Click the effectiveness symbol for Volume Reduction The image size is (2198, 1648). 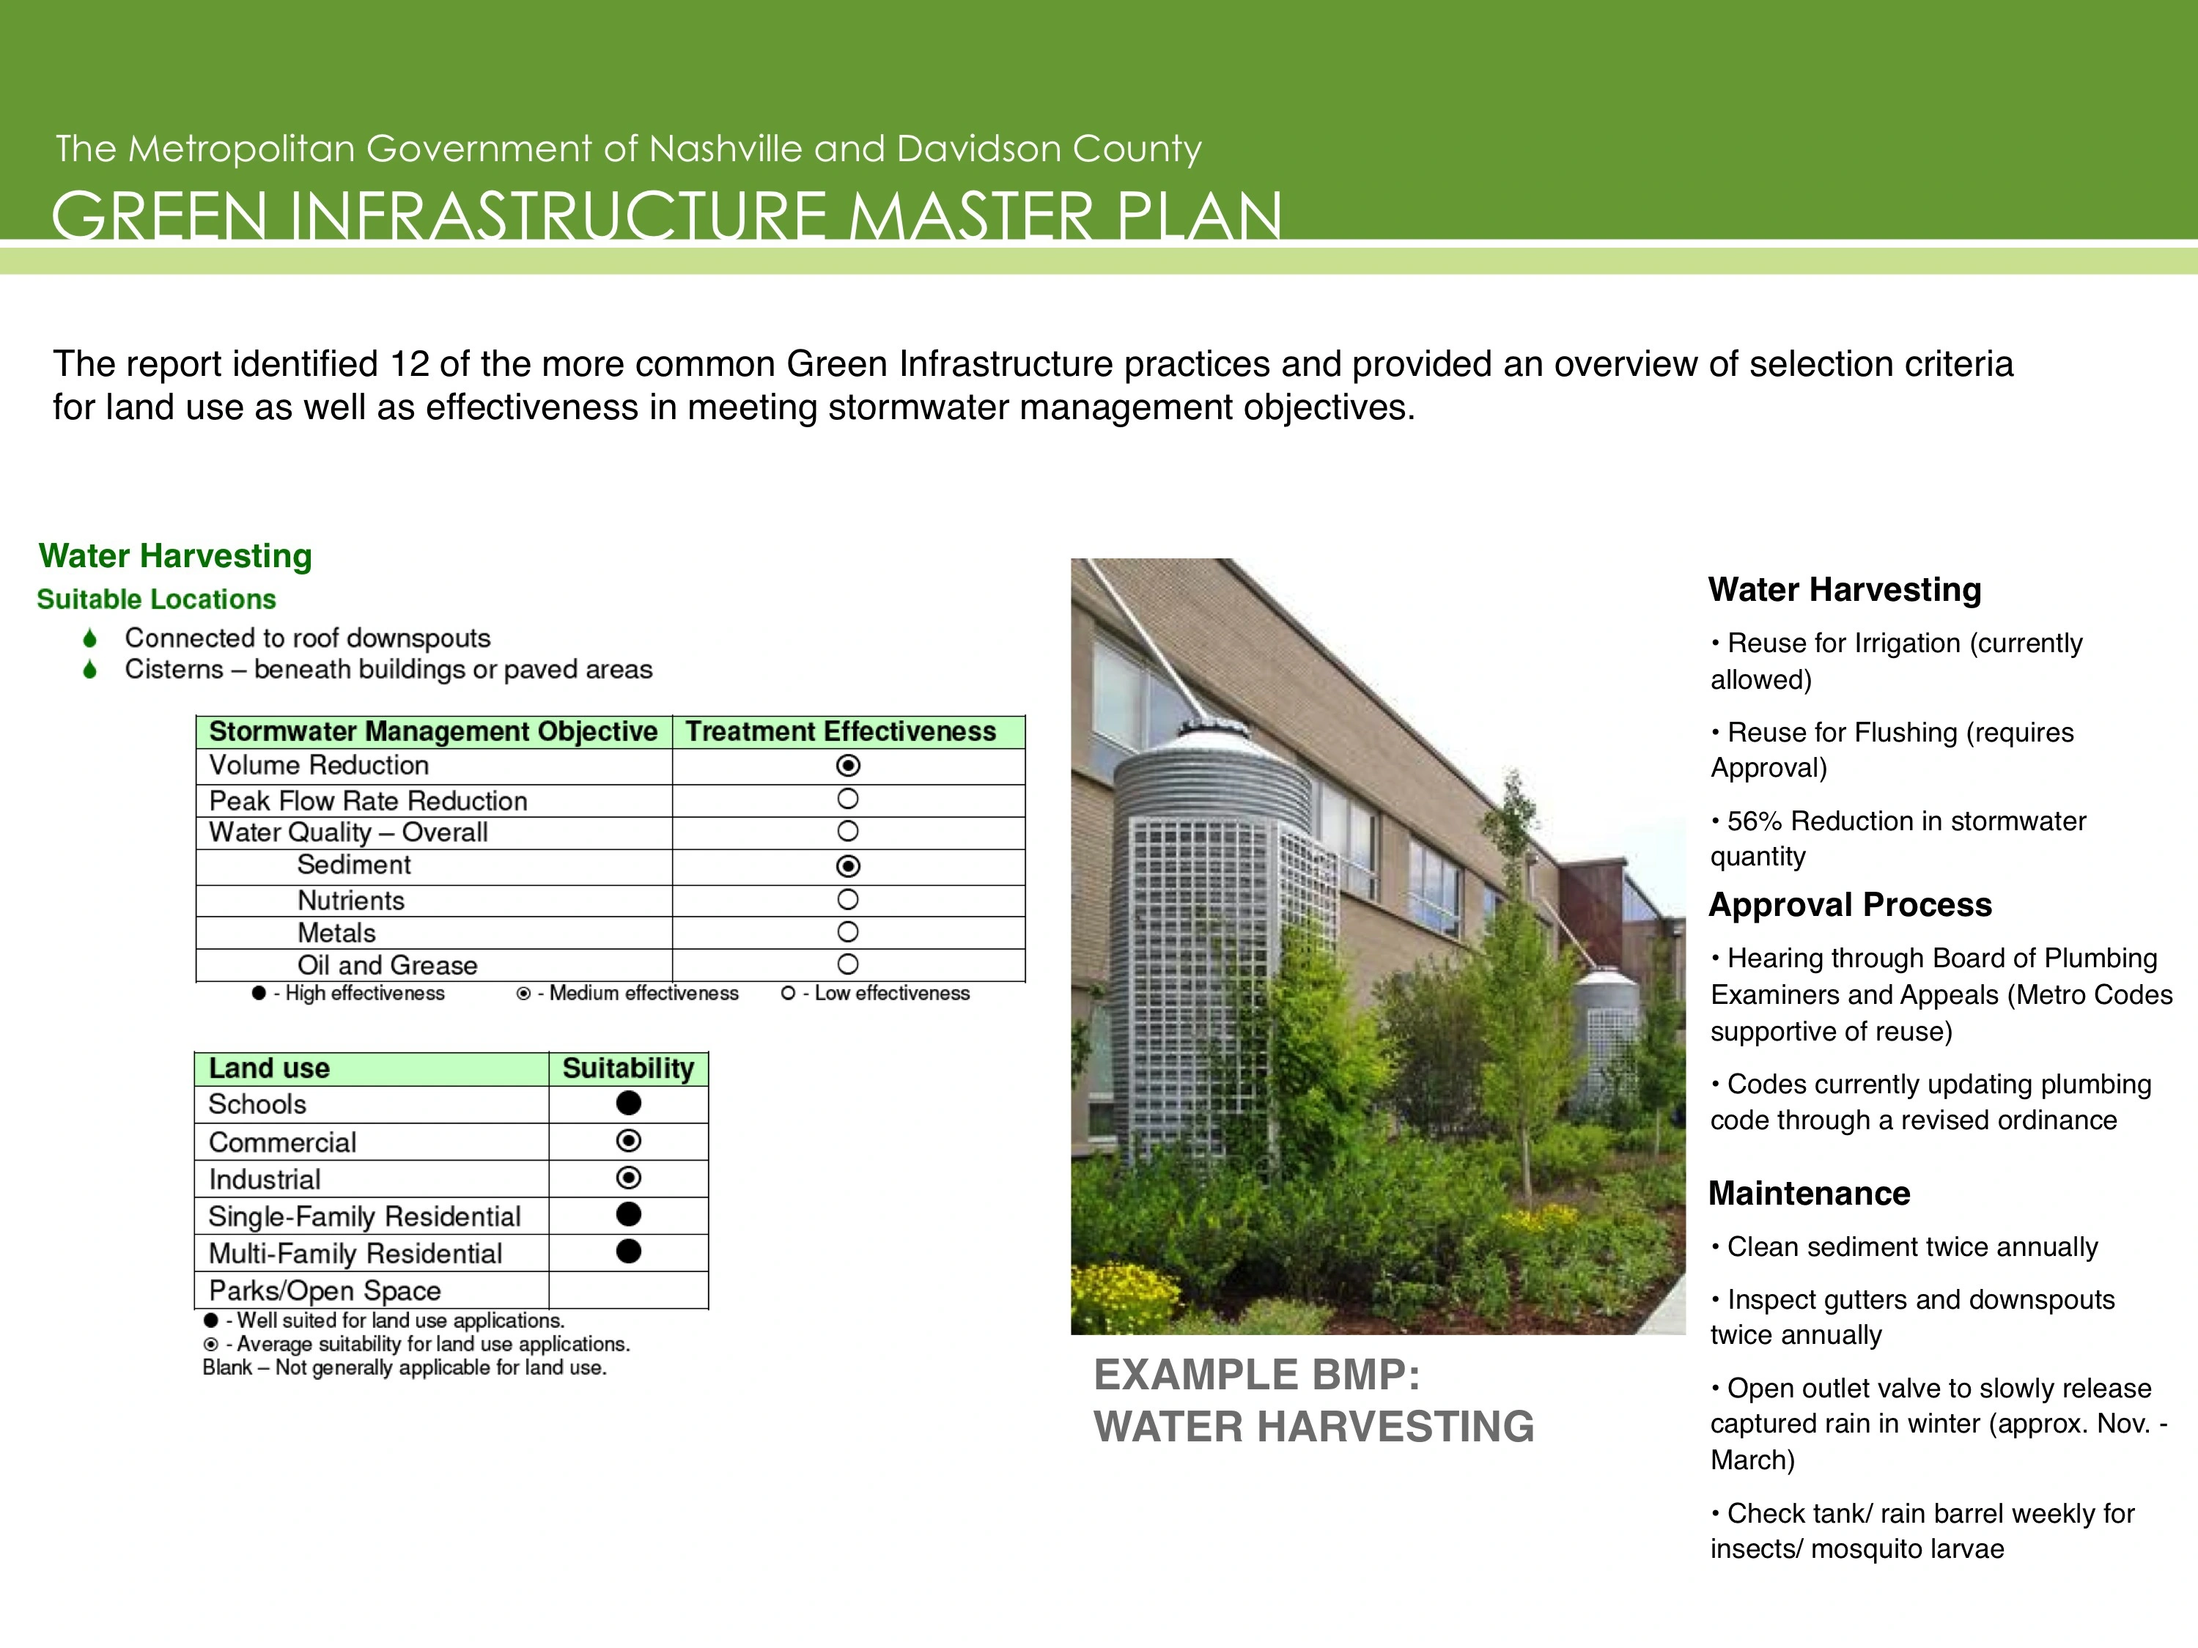847,766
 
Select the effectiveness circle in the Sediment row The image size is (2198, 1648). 847,866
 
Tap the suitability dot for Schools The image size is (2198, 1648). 628,1103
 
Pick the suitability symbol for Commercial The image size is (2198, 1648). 628,1140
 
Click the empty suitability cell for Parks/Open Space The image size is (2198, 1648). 628,1290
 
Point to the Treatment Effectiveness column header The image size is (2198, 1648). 841,731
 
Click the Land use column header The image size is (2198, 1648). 269,1068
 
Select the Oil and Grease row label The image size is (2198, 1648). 388,966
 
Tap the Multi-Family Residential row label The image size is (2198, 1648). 355,1254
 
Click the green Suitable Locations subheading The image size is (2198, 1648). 156,599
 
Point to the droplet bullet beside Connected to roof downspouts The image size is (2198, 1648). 90,638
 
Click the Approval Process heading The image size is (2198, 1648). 1850,905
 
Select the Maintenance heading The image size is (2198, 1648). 1810,1193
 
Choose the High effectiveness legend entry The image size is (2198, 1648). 349,994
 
